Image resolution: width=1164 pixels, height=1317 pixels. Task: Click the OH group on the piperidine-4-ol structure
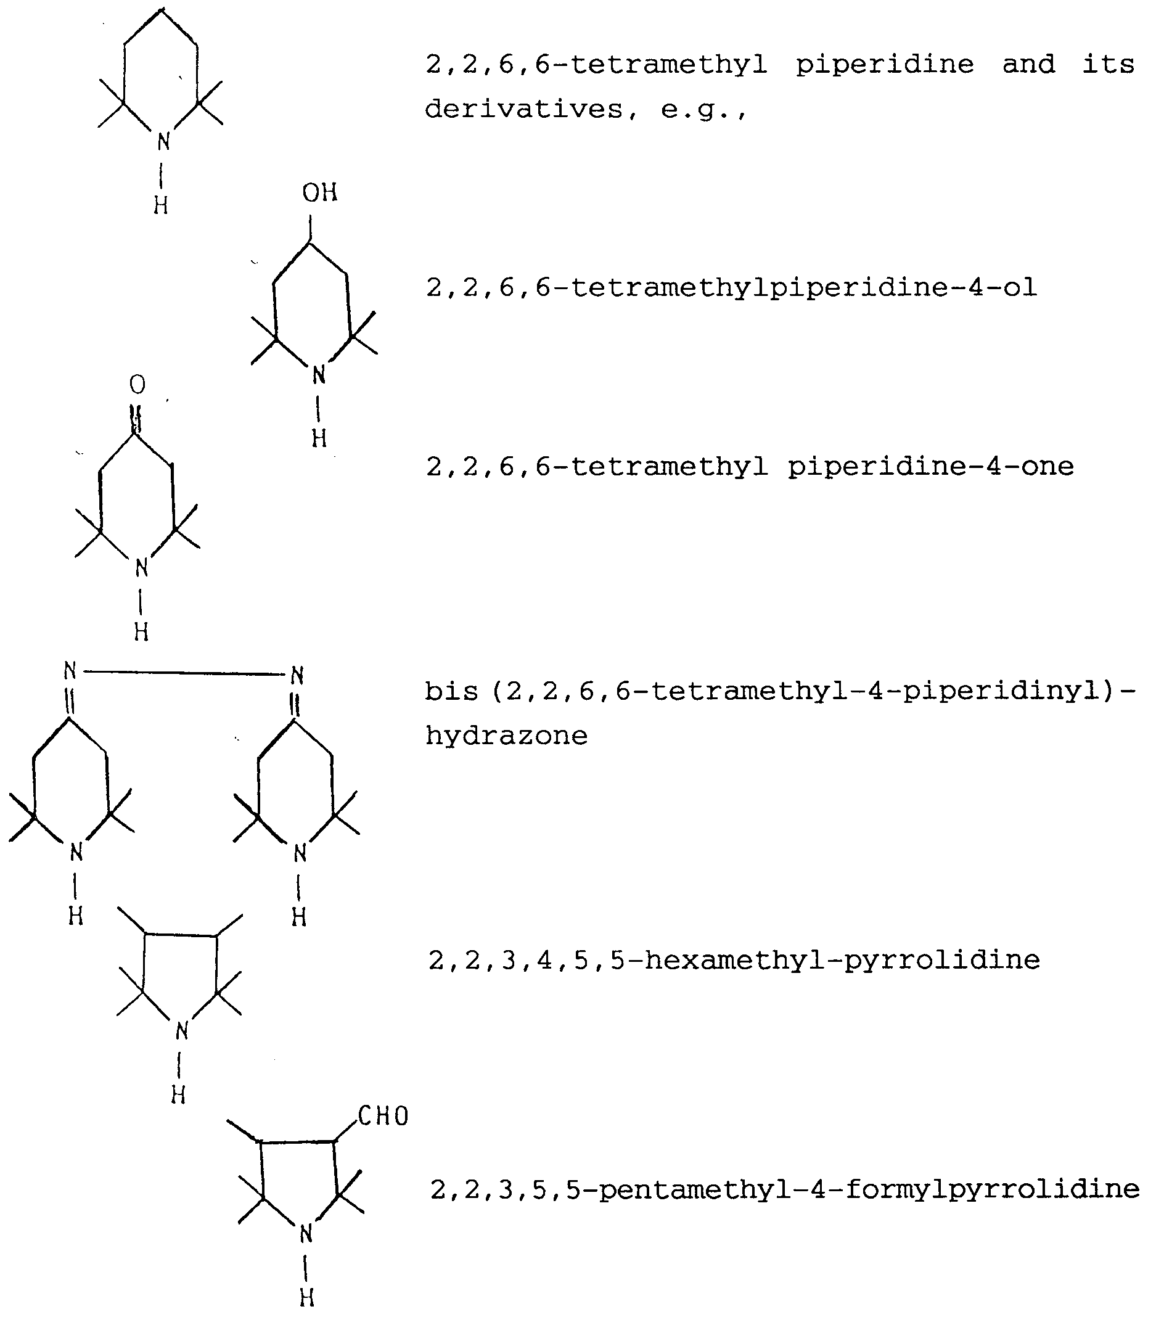pyautogui.click(x=319, y=192)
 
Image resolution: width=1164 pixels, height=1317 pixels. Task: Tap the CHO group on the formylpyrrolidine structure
pyautogui.click(x=383, y=1116)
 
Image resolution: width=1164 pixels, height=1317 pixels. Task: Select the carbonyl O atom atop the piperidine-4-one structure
pyautogui.click(x=137, y=385)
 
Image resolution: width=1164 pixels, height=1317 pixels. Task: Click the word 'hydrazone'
pyautogui.click(x=506, y=736)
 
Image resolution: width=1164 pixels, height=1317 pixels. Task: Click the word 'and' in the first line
pyautogui.click(x=1028, y=65)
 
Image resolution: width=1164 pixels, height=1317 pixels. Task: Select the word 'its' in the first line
pyautogui.click(x=1108, y=65)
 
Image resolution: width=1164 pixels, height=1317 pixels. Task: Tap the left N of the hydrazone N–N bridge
pyautogui.click(x=70, y=671)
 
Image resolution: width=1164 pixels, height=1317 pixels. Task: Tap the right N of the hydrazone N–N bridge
pyautogui.click(x=297, y=675)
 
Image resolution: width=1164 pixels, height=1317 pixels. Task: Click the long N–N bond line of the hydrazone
pyautogui.click(x=184, y=673)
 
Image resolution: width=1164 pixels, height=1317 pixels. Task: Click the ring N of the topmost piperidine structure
pyautogui.click(x=163, y=141)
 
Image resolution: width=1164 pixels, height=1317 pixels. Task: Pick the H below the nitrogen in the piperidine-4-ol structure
pyautogui.click(x=319, y=438)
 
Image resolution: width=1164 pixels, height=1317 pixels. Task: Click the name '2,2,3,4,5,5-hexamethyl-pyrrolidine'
pyautogui.click(x=734, y=960)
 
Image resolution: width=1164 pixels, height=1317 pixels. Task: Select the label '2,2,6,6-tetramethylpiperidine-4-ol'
pyautogui.click(x=731, y=287)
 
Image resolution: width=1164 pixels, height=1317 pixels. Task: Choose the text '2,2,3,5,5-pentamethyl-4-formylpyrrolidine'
pyautogui.click(x=785, y=1189)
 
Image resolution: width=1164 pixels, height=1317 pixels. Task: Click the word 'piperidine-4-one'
pyautogui.click(x=930, y=467)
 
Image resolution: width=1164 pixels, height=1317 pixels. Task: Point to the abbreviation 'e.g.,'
pyautogui.click(x=703, y=110)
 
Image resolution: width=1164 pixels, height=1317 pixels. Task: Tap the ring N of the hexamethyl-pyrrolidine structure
pyautogui.click(x=182, y=1031)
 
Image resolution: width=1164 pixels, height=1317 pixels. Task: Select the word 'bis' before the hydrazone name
pyautogui.click(x=451, y=691)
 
